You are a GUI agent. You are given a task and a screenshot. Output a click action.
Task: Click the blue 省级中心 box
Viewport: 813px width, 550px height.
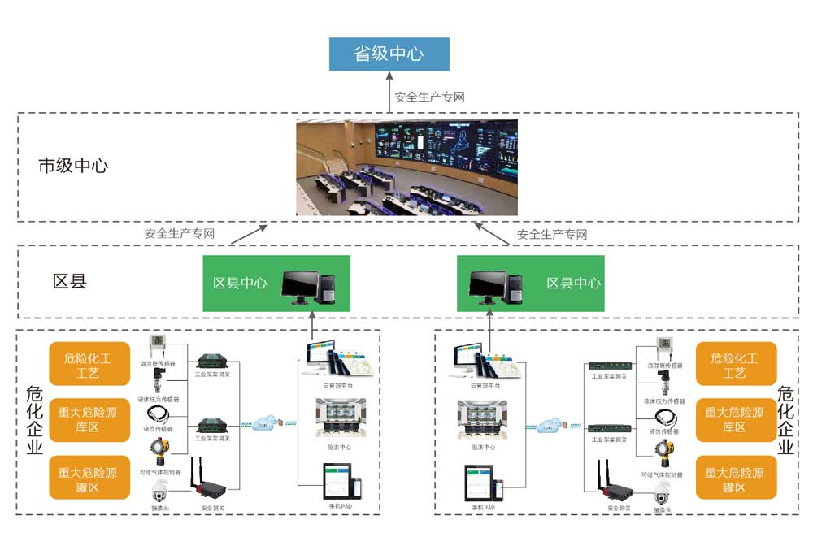(389, 54)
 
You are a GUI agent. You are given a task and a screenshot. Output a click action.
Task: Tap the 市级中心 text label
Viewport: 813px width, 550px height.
(73, 167)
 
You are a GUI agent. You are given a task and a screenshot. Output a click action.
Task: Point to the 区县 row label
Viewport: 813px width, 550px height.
(69, 282)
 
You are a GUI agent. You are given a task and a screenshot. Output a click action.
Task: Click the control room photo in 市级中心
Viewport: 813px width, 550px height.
(406, 167)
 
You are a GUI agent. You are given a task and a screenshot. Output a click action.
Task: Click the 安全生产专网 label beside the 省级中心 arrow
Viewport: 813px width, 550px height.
(429, 97)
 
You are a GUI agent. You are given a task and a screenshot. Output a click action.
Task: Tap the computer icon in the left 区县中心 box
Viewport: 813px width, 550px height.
(308, 284)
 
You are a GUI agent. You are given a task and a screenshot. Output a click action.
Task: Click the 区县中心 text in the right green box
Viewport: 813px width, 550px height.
(573, 284)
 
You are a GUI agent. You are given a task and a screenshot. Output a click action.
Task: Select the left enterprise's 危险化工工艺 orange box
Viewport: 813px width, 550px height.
(89, 364)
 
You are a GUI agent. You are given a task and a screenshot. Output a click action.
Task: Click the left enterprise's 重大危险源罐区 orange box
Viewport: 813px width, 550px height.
(89, 478)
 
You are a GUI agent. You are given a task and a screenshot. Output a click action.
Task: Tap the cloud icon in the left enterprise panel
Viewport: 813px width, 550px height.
(264, 423)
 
